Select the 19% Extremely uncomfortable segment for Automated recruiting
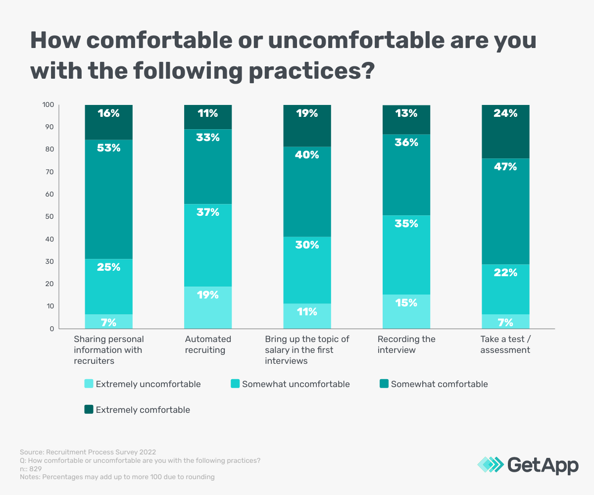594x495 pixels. click(x=208, y=307)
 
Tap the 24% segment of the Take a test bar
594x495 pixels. click(x=505, y=132)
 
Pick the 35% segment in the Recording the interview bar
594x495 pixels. click(x=406, y=255)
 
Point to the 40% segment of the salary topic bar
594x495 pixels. click(x=307, y=192)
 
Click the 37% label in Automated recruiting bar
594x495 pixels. click(x=208, y=212)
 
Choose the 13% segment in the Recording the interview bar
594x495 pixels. click(x=406, y=119)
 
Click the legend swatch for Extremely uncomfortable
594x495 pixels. click(x=89, y=384)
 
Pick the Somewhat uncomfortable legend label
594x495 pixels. click(x=296, y=384)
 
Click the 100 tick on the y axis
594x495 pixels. click(x=48, y=105)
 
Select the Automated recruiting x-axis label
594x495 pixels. click(x=208, y=345)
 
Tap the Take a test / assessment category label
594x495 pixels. click(x=505, y=345)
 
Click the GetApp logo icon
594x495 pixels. click(x=490, y=464)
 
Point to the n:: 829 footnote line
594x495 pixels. click(x=31, y=469)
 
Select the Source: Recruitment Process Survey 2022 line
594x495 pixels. click(x=88, y=452)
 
